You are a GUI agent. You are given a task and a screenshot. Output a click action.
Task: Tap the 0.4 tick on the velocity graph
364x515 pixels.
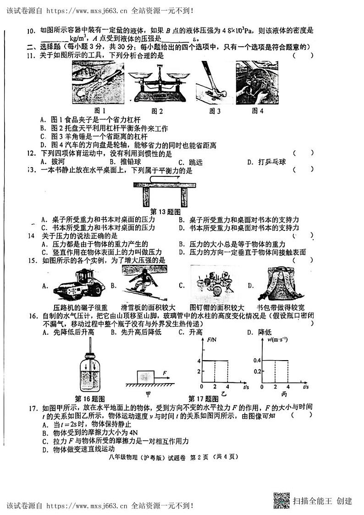pyautogui.click(x=257, y=361)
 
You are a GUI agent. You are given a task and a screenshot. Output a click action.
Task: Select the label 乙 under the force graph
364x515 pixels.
pyautogui.click(x=223, y=393)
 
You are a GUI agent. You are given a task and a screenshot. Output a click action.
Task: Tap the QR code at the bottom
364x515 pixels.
pyautogui.click(x=281, y=500)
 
